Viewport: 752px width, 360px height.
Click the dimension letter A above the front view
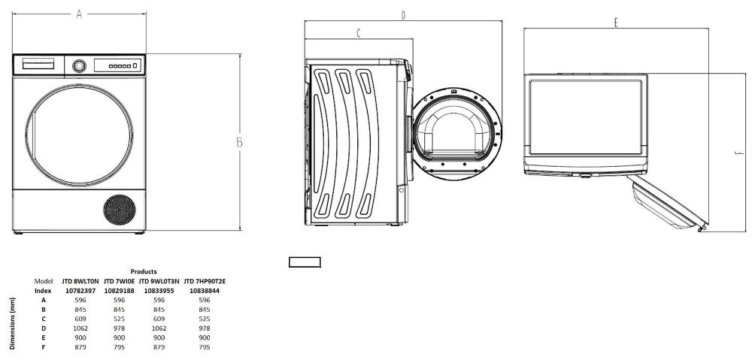tap(79, 14)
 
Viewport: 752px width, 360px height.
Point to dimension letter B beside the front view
tap(239, 142)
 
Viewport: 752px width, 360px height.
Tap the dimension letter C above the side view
tap(359, 33)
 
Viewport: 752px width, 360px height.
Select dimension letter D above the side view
tap(403, 15)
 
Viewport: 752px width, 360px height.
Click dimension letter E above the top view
tap(616, 22)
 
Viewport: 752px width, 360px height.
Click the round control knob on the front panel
tap(79, 65)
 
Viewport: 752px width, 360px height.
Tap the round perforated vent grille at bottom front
tap(120, 210)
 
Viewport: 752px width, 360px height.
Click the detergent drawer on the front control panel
tap(38, 64)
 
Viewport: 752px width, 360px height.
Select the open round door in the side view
tap(456, 134)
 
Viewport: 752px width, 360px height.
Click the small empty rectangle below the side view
tap(305, 262)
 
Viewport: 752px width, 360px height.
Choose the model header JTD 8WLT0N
tap(80, 281)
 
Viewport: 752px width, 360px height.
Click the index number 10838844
tap(204, 291)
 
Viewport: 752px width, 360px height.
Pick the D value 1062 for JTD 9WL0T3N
tap(159, 328)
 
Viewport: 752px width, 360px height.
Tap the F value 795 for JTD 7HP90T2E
tap(204, 347)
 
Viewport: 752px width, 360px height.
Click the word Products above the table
tap(144, 272)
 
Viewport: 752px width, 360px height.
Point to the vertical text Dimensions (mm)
tap(13, 324)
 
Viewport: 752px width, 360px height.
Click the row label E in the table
tap(44, 337)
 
